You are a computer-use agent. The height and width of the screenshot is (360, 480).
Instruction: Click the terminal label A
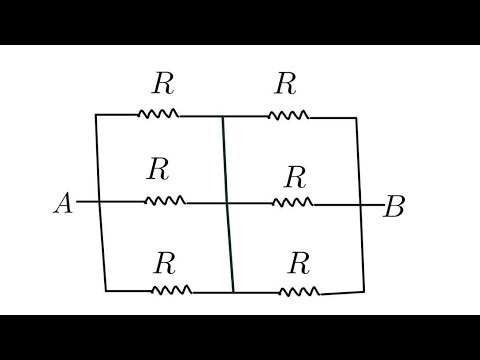point(62,204)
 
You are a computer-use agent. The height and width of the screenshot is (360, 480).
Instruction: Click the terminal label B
point(394,208)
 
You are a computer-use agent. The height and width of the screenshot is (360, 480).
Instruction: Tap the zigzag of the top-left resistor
point(159,114)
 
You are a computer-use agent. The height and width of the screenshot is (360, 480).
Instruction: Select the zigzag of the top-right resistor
point(288,115)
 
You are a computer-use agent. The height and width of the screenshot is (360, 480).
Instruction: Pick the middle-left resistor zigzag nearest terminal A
point(165,201)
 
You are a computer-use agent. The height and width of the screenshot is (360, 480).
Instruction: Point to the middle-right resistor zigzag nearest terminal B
point(292,203)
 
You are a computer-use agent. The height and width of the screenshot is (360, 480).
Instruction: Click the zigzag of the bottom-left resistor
point(170,291)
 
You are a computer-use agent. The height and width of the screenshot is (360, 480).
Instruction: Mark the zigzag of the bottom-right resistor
point(299,292)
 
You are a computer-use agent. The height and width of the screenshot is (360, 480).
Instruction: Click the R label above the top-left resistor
point(161,82)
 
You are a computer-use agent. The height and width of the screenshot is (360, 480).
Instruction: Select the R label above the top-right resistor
point(286,83)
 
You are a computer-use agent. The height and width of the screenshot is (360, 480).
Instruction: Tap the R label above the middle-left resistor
point(157,168)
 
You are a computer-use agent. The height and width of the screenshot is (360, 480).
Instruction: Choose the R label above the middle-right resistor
point(294,178)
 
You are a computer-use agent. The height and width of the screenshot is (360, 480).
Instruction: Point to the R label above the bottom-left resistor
point(165,263)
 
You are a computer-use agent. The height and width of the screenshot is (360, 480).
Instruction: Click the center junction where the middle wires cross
point(228,202)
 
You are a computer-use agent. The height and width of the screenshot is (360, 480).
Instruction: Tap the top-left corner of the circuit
point(96,115)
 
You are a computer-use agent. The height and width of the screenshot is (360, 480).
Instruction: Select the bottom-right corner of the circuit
point(364,291)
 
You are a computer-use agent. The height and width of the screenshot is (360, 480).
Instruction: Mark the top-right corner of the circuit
point(356,118)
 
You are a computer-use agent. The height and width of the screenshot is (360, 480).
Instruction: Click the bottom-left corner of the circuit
point(106,290)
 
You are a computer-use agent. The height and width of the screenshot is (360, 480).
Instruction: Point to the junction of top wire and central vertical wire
point(223,115)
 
